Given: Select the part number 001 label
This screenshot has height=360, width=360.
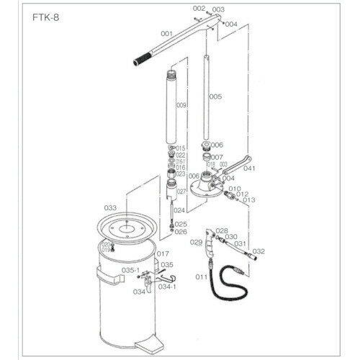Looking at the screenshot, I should (x=167, y=34).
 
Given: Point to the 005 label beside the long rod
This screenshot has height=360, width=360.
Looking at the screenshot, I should (x=215, y=95).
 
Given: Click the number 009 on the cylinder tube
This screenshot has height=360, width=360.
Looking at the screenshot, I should (x=180, y=105).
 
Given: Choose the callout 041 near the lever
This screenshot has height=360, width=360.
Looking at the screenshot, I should (x=251, y=169).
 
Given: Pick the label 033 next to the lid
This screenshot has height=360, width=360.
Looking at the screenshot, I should (x=110, y=207).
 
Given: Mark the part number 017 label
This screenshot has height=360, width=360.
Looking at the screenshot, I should (x=162, y=253).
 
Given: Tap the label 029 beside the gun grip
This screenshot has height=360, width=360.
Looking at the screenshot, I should (x=196, y=243).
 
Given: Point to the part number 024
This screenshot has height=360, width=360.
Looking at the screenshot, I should (x=180, y=210).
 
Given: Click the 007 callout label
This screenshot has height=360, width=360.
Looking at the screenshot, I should (x=217, y=157).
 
